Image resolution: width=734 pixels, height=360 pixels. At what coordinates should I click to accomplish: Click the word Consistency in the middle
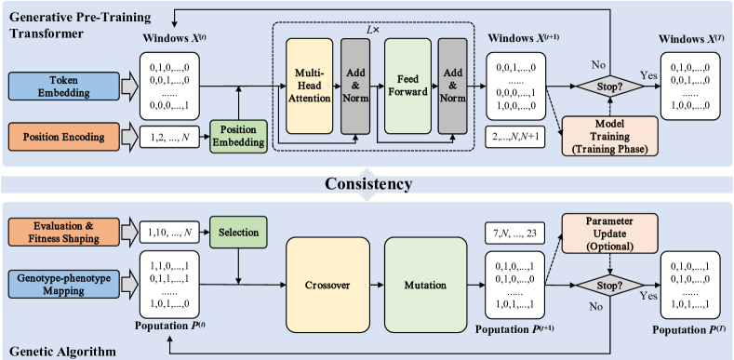[366, 184]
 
